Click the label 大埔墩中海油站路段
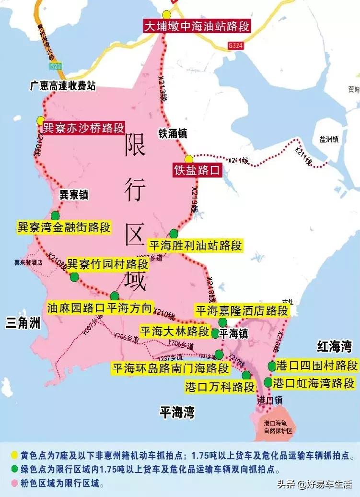pos(197,26)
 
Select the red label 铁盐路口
pos(197,170)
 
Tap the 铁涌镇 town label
pos(173,133)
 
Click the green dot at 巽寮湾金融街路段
pos(56,215)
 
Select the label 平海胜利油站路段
pos(195,246)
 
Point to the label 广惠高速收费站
pos(63,86)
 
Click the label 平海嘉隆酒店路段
pos(242,310)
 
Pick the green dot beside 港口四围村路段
pos(272,366)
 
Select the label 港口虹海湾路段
pos(314,383)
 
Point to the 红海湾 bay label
pos(335,346)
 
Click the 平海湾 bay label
pos(178,412)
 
